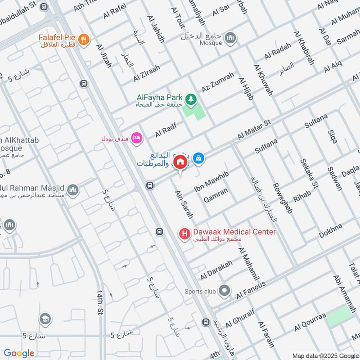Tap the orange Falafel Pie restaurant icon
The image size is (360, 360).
coord(83,40)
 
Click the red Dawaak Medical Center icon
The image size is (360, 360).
coord(184,234)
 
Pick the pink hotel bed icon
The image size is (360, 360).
coord(137,138)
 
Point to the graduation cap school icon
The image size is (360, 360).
coord(45,320)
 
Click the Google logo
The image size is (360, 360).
coord(19,353)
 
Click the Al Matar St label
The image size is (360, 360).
coord(255,130)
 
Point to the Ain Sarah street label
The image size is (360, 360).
coord(184,205)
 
